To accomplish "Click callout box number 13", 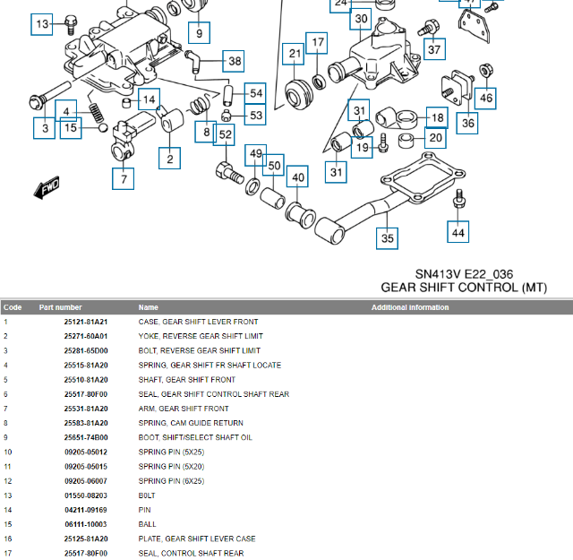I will click(x=42, y=24).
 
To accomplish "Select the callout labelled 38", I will click(x=234, y=61).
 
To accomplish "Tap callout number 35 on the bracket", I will click(x=387, y=238).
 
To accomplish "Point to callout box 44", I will click(x=458, y=233).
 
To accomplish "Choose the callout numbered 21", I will click(x=295, y=55).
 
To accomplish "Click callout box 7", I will click(x=123, y=178).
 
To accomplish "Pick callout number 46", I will click(x=484, y=97).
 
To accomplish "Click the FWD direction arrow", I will click(x=46, y=188).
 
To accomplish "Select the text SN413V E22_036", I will click(x=464, y=274).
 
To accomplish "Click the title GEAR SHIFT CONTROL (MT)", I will click(x=464, y=288).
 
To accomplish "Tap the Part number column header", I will click(x=61, y=307).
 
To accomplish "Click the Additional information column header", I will click(x=410, y=307).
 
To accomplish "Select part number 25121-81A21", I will click(x=86, y=322).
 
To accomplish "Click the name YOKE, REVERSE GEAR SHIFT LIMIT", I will click(x=199, y=336).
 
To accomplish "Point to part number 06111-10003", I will click(x=86, y=524).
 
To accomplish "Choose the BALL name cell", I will click(x=147, y=524).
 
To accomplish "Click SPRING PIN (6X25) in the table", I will click(x=171, y=481).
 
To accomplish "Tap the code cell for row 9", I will click(x=6, y=437).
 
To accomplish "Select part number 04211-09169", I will click(x=86, y=510).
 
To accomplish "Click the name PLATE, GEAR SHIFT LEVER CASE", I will click(x=196, y=538).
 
